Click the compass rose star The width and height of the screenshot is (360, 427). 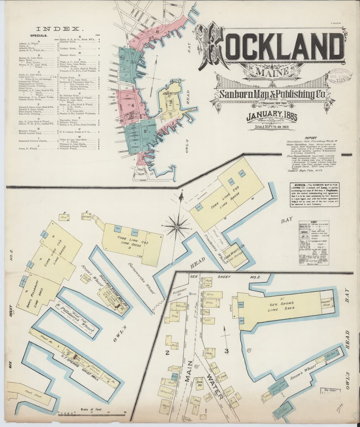177,226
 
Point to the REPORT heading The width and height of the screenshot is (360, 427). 313,137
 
